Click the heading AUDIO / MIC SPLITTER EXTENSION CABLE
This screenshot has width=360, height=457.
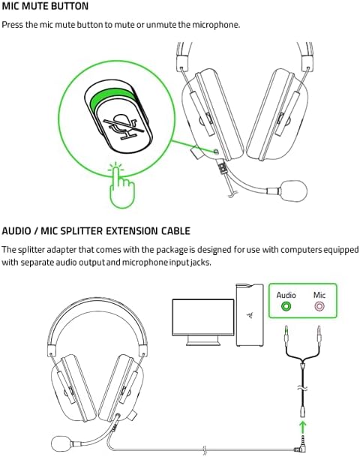96,230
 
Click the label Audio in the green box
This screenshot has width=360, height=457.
286,294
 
